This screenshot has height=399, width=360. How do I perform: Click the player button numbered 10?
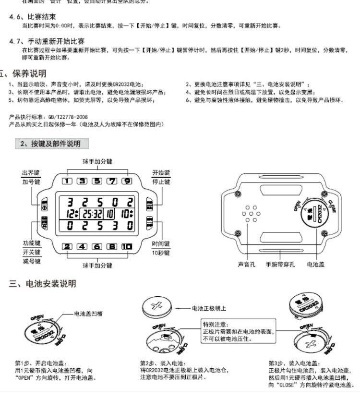click(x=126, y=247)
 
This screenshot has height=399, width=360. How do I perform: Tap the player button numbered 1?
click(x=67, y=181)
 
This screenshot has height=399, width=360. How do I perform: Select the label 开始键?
click(x=161, y=173)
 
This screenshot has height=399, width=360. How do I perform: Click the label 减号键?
click(x=31, y=261)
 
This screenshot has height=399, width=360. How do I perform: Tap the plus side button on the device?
click(x=44, y=206)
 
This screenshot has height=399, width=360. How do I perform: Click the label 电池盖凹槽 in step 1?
click(x=89, y=314)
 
